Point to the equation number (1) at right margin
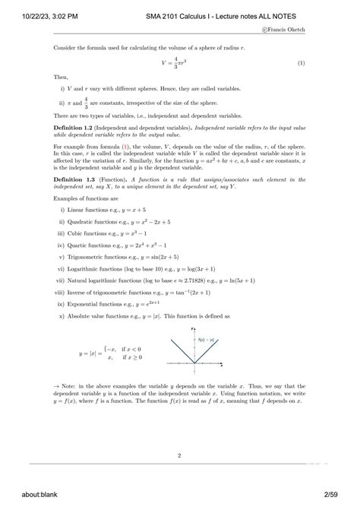[x=322, y=62]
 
